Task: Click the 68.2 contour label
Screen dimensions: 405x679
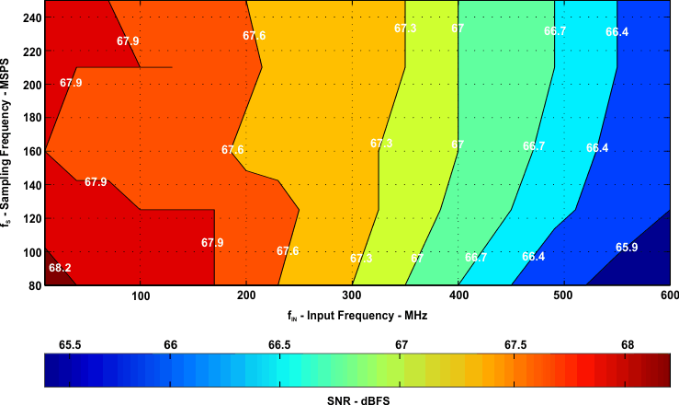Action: click(x=59, y=269)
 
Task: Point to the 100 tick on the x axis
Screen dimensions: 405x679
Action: click(x=141, y=295)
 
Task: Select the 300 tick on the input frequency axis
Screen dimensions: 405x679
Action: click(x=352, y=295)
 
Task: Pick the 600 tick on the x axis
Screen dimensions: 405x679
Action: click(x=669, y=295)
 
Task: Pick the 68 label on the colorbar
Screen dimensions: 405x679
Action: click(x=628, y=344)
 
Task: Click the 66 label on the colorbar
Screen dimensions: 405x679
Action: click(x=170, y=344)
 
